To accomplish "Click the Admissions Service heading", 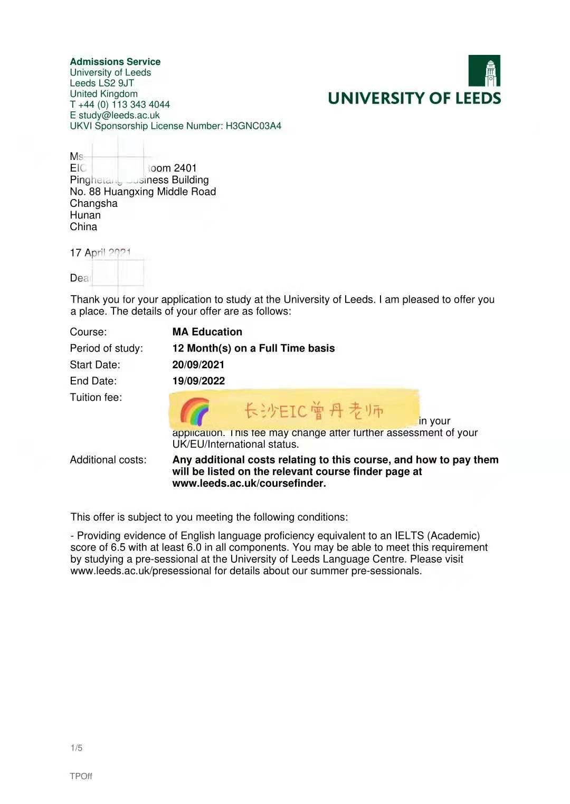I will click(x=115, y=62).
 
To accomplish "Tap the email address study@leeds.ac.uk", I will click(x=119, y=115).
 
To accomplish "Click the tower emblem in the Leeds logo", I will click(x=484, y=71).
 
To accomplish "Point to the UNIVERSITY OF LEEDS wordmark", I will click(x=414, y=98).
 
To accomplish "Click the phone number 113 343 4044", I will click(x=140, y=105).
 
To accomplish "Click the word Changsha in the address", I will click(x=94, y=203).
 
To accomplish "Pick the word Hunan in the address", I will click(x=85, y=215).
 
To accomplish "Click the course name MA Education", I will click(x=207, y=332).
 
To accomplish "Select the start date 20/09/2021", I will click(x=198, y=364).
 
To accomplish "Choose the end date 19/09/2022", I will click(x=198, y=381).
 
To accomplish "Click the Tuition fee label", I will click(x=96, y=397).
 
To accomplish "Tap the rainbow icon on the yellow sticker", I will click(x=194, y=411).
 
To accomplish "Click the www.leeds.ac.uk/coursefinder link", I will click(x=249, y=483).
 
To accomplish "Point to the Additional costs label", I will click(x=108, y=460).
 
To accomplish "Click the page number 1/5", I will click(x=77, y=748).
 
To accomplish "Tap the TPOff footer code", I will click(x=81, y=776).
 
